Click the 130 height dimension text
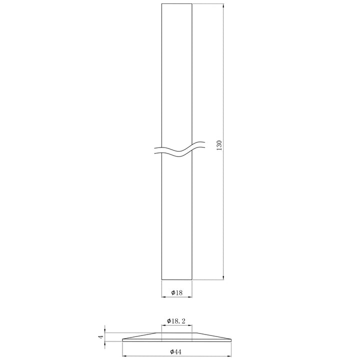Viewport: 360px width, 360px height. pyautogui.click(x=219, y=145)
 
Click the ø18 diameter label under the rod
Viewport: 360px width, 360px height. pyautogui.click(x=176, y=292)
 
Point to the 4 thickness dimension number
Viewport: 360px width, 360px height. pyautogui.click(x=100, y=337)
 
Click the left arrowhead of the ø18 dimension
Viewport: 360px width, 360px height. pyautogui.click(x=163, y=296)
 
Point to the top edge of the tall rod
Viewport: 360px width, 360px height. pyautogui.click(x=177, y=4)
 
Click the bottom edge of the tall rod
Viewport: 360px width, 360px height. pyautogui.click(x=177, y=279)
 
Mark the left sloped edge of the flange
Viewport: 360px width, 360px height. pyautogui.click(x=140, y=336)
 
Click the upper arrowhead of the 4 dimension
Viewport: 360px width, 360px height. pyautogui.click(x=104, y=331)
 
